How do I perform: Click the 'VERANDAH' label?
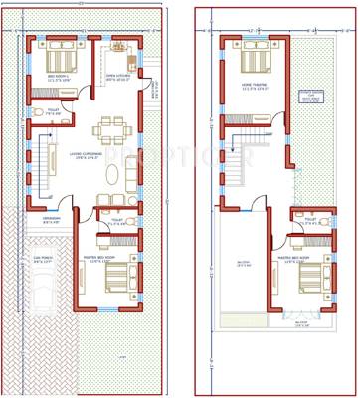click(53, 219)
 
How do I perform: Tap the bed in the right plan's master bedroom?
click(309, 282)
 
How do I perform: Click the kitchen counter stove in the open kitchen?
click(121, 48)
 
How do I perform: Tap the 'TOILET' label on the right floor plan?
click(311, 220)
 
